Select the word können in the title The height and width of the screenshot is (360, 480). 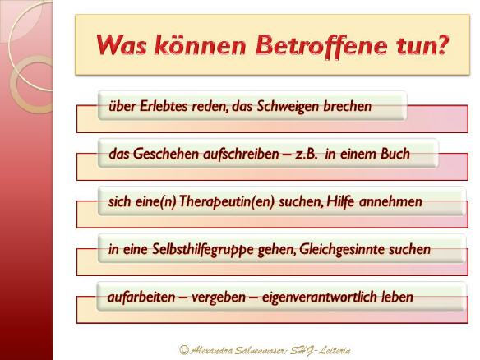201,44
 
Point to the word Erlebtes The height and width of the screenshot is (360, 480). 164,106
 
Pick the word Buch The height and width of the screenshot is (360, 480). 395,154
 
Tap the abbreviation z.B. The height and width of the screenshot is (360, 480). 306,154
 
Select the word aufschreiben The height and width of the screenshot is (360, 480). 241,154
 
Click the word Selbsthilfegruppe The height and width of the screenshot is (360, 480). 203,250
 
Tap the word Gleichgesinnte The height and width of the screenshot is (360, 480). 342,249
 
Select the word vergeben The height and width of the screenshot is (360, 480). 219,298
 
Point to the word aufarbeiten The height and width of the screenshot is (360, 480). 141,297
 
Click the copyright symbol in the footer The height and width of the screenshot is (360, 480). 183,349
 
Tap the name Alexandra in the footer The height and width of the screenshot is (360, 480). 211,350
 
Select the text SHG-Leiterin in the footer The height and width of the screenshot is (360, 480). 321,350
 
